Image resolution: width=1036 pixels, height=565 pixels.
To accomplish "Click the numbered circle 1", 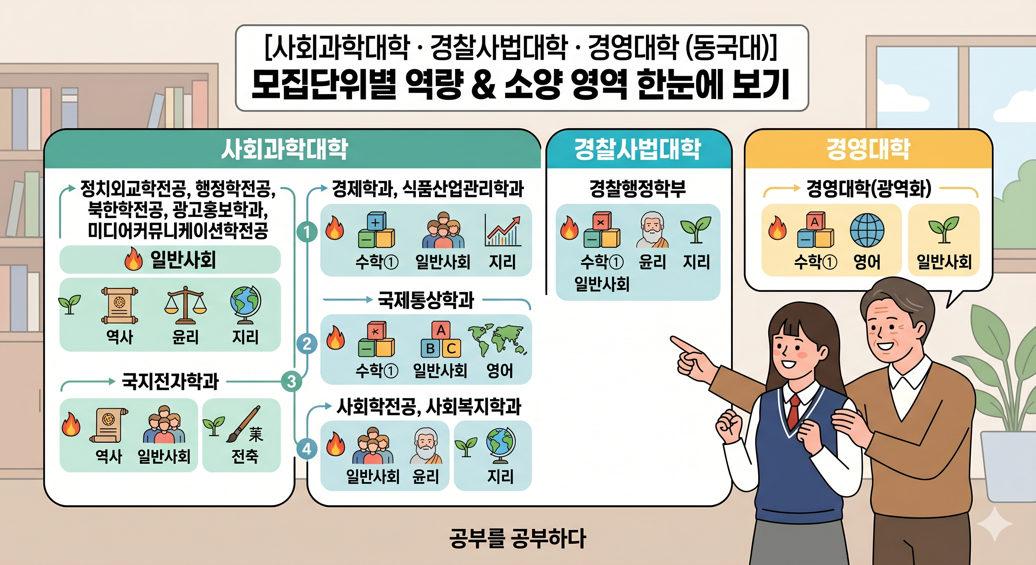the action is point(307,232).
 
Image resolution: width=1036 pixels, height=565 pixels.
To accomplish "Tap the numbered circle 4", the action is point(307,448).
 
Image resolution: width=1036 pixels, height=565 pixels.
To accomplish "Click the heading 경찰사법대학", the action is point(638,149).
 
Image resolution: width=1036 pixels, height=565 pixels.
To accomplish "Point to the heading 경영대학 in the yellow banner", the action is point(868,149).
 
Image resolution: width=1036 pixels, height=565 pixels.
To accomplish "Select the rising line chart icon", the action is point(503,230).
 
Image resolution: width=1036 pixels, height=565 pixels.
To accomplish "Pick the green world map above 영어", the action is point(497,340).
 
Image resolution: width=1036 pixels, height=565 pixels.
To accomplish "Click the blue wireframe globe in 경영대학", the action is point(867,230).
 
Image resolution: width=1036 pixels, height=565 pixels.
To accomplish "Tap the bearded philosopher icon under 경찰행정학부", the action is point(652,230).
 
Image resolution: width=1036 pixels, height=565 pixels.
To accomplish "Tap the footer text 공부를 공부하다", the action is point(518,538).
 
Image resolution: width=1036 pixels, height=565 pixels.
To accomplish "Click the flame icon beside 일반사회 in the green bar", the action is point(134,259).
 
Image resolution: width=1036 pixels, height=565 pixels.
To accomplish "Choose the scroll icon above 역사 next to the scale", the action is point(120,305).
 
